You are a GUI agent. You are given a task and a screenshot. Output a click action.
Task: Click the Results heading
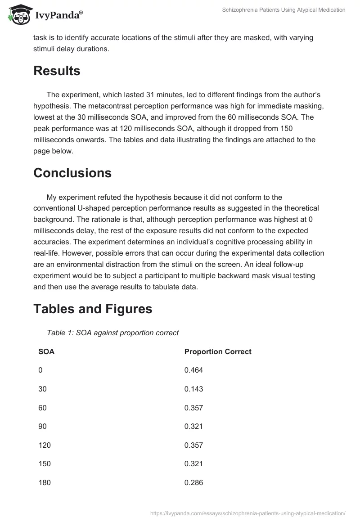(x=57, y=71)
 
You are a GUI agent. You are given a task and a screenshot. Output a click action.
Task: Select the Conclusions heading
(x=72, y=173)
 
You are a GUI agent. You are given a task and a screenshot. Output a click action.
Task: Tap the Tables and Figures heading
(x=93, y=309)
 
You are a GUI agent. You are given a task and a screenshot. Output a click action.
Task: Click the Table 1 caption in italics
(x=112, y=333)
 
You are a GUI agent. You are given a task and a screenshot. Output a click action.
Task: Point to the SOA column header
(x=46, y=352)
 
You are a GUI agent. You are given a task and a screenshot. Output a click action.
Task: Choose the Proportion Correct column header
(x=218, y=352)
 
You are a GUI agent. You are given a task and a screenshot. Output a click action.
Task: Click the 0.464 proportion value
(x=193, y=370)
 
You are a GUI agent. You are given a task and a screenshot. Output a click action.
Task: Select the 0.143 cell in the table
(x=193, y=389)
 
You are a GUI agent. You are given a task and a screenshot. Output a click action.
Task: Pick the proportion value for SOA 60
(x=193, y=408)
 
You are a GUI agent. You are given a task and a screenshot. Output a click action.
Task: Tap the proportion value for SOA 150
(x=193, y=464)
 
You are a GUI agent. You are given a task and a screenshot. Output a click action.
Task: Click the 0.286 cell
(x=193, y=483)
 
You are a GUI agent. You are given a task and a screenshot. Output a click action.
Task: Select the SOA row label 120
(x=45, y=445)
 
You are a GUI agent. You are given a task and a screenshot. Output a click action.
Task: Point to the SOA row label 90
(x=42, y=427)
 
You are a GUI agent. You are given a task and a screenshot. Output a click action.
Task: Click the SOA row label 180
(x=45, y=483)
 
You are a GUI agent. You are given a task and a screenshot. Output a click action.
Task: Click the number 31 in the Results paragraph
(x=150, y=95)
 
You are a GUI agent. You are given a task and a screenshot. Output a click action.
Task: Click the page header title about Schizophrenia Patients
(x=283, y=10)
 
